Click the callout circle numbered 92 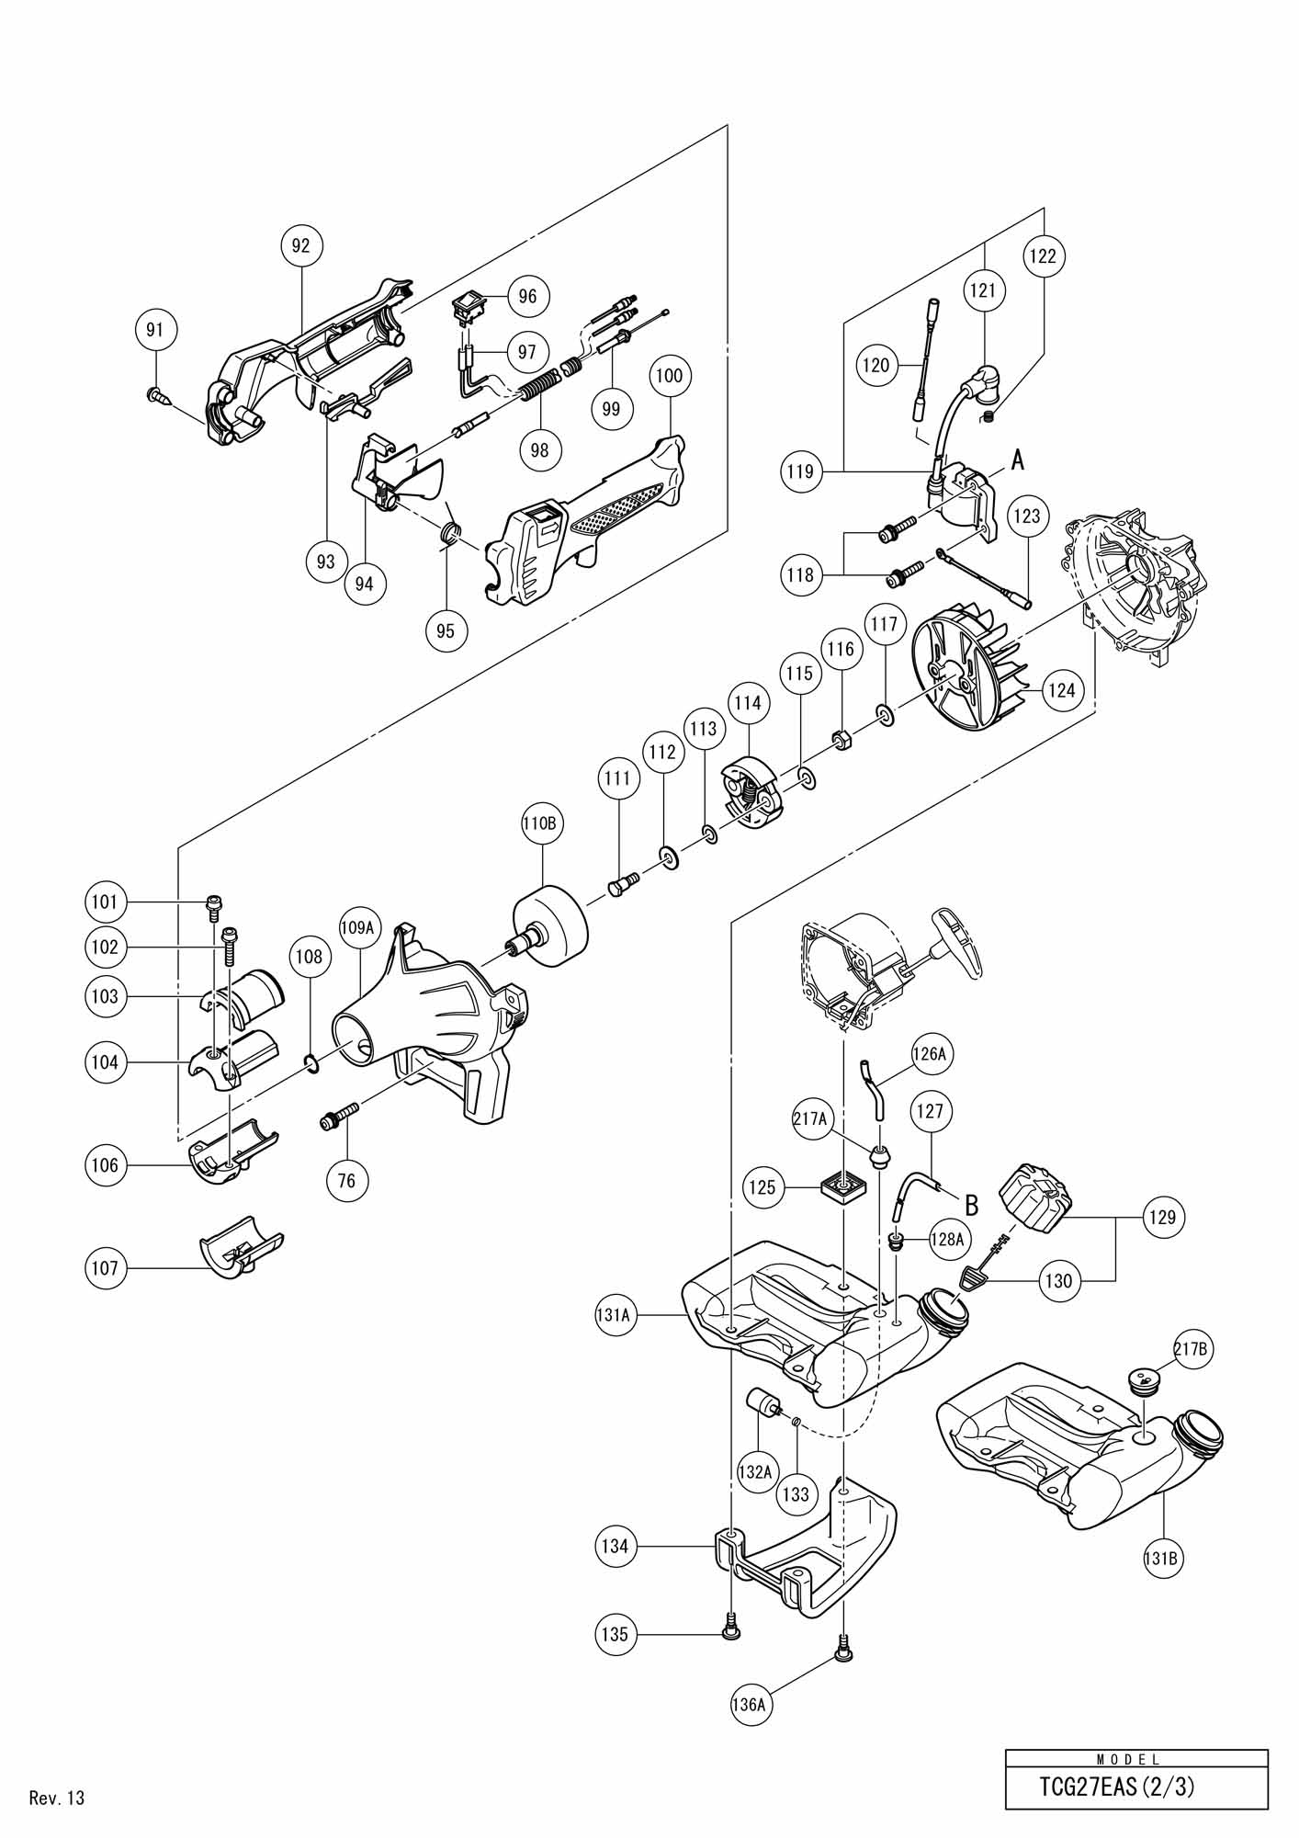(300, 245)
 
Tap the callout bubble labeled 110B (539, 824)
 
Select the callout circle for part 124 (1061, 689)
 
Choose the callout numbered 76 (346, 1180)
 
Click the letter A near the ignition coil (1017, 459)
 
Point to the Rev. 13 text (57, 1798)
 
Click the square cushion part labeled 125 (843, 1187)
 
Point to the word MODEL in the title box (1136, 1760)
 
